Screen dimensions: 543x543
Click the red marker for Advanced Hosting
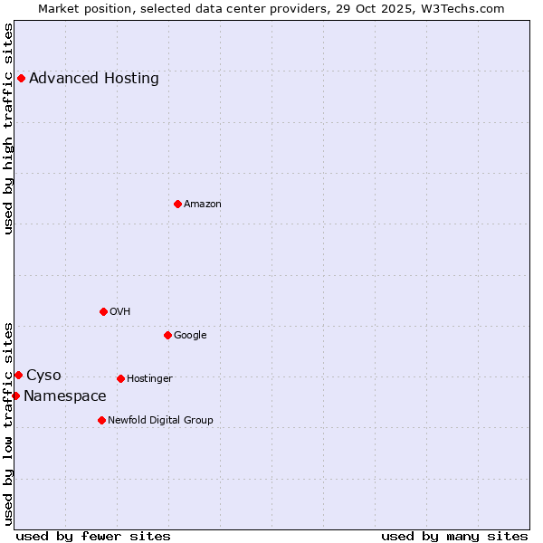[21, 78]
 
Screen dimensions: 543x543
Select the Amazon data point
[177, 204]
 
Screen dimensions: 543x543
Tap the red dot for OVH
[103, 311]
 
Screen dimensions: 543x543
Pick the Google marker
[167, 335]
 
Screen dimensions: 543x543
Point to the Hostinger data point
[120, 378]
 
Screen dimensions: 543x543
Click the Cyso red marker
[18, 375]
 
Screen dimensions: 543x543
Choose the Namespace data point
[15, 395]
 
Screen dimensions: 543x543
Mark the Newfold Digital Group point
[101, 420]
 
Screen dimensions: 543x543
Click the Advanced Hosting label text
[94, 78]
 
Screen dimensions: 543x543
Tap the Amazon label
[203, 204]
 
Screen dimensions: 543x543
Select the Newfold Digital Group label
[161, 420]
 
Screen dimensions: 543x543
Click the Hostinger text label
[149, 378]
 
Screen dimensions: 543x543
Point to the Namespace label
[65, 395]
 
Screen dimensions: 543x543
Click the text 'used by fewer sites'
[93, 536]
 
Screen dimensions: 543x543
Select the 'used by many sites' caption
[454, 536]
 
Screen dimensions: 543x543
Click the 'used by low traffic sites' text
[9, 423]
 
